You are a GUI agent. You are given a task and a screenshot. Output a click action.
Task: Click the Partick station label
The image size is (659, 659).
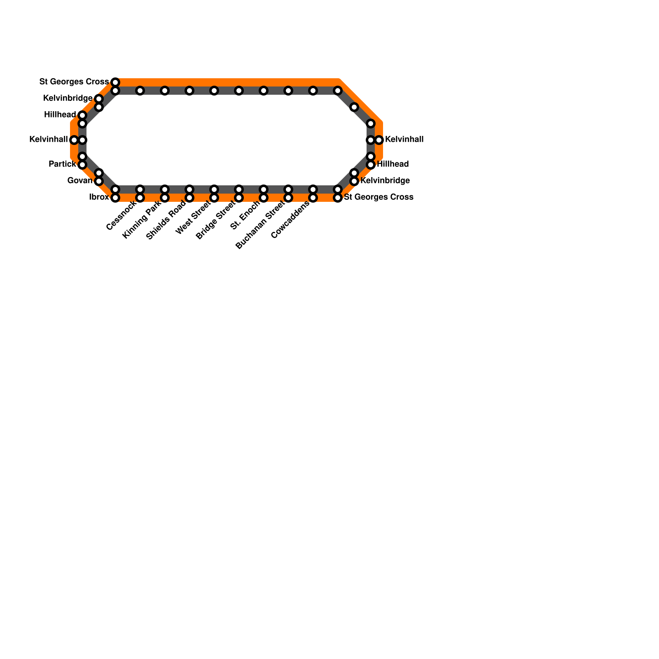tap(62, 164)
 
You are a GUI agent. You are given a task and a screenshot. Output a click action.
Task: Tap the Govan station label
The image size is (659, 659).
tap(79, 181)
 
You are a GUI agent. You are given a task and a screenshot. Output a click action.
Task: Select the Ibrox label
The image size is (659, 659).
tap(99, 197)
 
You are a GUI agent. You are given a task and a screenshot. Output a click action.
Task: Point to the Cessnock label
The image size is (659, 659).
tap(121, 216)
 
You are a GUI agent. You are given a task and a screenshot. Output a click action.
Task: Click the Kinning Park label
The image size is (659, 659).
tap(142, 221)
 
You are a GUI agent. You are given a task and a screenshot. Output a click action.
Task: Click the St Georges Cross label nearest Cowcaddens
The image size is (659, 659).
tap(379, 197)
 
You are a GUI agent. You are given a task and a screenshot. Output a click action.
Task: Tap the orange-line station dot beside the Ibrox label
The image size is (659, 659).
tap(115, 198)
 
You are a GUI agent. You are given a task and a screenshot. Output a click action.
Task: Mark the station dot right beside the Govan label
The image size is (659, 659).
tap(99, 181)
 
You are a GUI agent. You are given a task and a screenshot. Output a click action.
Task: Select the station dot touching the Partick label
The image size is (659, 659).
tap(82, 165)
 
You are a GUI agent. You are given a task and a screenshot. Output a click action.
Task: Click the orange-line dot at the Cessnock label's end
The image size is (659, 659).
tap(140, 198)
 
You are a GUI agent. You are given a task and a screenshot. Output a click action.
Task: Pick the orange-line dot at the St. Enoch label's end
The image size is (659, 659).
tap(264, 198)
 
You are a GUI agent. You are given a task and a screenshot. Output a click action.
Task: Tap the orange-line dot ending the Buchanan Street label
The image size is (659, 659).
tap(288, 198)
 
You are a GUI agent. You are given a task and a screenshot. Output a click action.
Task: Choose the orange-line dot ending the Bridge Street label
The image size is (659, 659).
tap(239, 198)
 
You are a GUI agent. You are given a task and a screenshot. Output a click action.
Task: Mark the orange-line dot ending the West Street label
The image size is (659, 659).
tap(214, 198)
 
